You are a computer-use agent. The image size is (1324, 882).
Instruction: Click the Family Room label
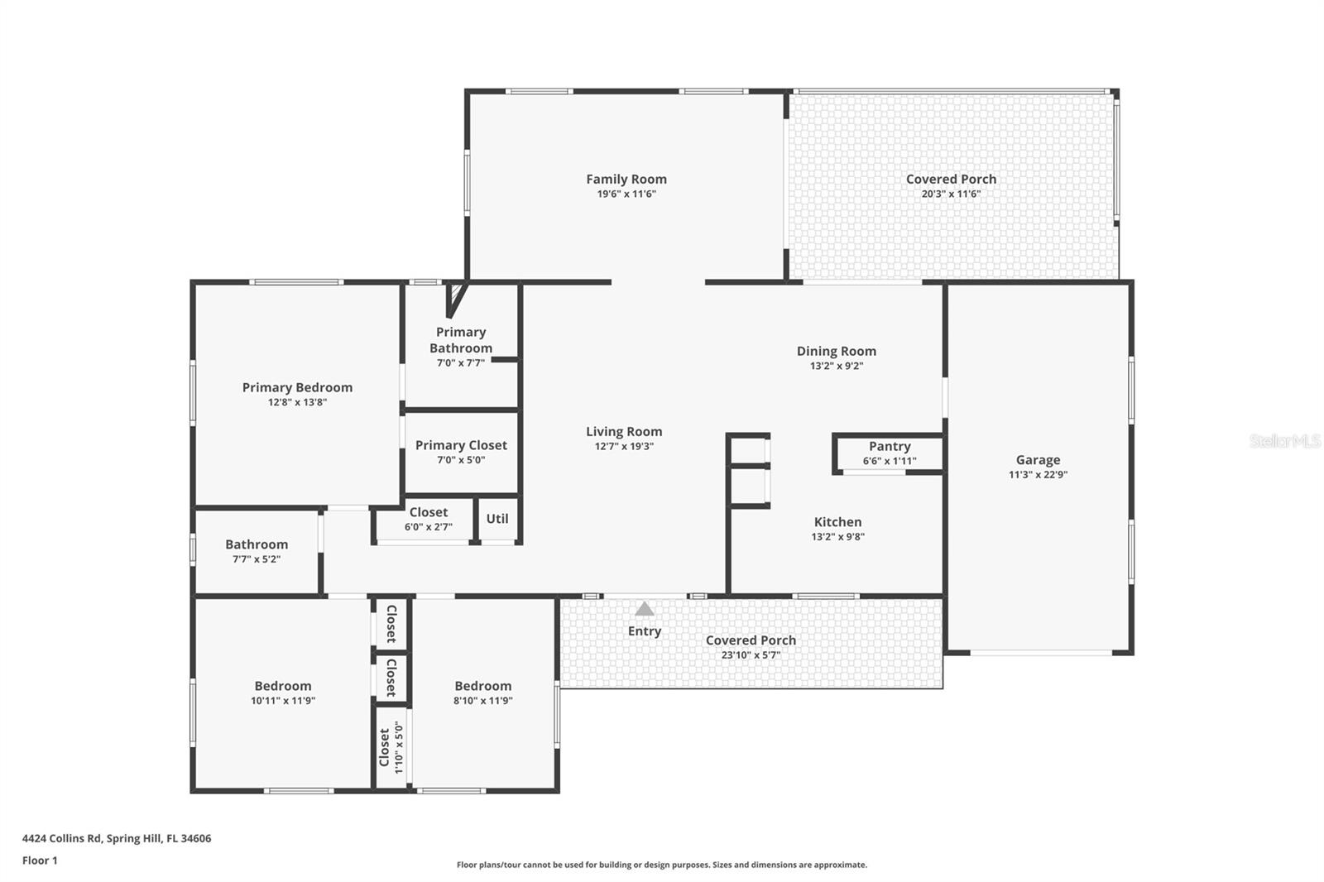click(626, 179)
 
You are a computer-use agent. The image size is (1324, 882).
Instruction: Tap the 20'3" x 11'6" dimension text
click(951, 194)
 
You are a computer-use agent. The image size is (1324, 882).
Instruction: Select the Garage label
click(1038, 460)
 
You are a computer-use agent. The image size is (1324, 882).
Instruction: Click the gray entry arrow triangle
click(645, 610)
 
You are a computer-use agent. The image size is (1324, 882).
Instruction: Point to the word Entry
click(644, 631)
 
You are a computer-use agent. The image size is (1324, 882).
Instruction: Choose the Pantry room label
click(890, 446)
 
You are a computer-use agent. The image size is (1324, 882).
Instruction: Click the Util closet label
click(497, 519)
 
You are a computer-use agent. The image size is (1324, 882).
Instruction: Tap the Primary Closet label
click(461, 445)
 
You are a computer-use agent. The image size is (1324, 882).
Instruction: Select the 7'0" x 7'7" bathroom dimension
click(461, 363)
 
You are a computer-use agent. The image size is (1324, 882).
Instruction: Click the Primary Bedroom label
click(297, 387)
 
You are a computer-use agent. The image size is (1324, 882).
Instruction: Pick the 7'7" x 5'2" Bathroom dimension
click(257, 559)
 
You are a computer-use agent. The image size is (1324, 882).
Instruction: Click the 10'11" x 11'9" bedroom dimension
click(283, 701)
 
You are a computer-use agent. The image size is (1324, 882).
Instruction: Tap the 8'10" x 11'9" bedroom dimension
click(482, 701)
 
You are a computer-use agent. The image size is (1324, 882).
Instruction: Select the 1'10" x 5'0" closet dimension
click(399, 747)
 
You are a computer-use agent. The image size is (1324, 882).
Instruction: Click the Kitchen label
click(837, 522)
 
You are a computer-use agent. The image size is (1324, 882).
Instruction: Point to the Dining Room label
click(836, 351)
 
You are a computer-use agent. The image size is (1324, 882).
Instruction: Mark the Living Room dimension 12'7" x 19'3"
click(624, 447)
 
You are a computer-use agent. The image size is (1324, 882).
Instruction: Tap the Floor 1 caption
click(40, 860)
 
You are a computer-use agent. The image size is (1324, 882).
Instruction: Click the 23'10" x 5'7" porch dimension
click(751, 655)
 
